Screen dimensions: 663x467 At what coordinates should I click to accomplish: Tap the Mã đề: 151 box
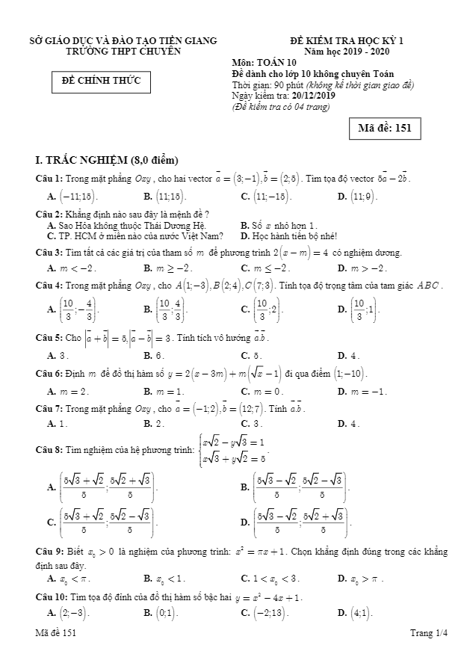tap(384, 128)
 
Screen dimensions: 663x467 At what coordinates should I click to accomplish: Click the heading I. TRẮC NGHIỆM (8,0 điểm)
tap(107, 160)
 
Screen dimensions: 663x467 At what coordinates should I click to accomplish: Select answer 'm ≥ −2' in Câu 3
tap(169, 268)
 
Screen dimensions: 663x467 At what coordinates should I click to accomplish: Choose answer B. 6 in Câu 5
tap(154, 356)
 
